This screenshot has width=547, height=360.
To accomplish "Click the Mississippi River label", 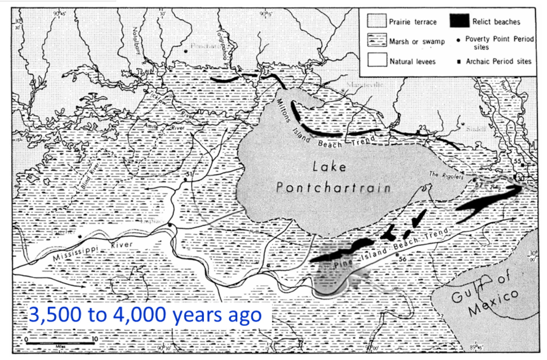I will click(x=93, y=250).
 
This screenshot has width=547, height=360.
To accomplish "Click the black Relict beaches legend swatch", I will click(x=459, y=21).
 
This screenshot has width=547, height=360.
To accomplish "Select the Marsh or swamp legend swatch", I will click(x=376, y=40).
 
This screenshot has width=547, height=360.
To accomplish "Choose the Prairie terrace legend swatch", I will click(x=376, y=21).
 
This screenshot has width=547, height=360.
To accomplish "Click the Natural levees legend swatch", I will click(x=376, y=61).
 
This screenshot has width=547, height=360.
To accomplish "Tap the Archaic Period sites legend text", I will click(x=498, y=61).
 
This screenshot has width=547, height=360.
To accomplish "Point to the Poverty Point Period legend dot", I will click(x=458, y=40).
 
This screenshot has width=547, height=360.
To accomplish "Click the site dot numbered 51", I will click(x=185, y=180).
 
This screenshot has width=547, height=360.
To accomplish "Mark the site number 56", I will click(x=402, y=259).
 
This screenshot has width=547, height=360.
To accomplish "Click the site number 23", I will click(x=422, y=128).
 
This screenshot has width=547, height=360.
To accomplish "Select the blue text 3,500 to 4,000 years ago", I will click(x=145, y=315).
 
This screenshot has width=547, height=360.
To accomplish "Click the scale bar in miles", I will click(x=60, y=343).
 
